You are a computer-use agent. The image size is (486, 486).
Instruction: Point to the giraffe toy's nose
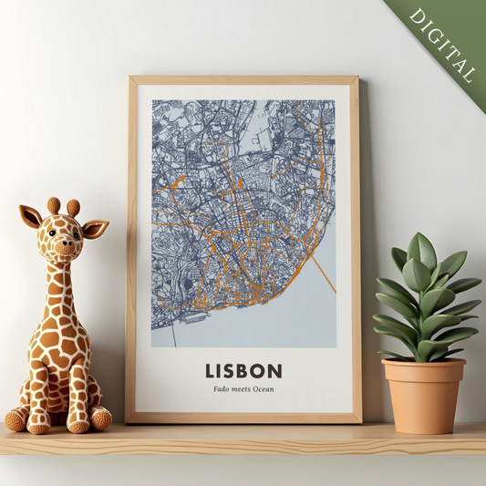[64, 245]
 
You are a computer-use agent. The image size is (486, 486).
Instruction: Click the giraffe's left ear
[30, 217]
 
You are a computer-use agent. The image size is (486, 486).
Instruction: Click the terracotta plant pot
[424, 396]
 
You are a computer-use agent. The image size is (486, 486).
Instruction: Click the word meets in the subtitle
[241, 389]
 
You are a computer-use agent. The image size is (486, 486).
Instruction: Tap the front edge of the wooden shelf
[243, 448]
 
